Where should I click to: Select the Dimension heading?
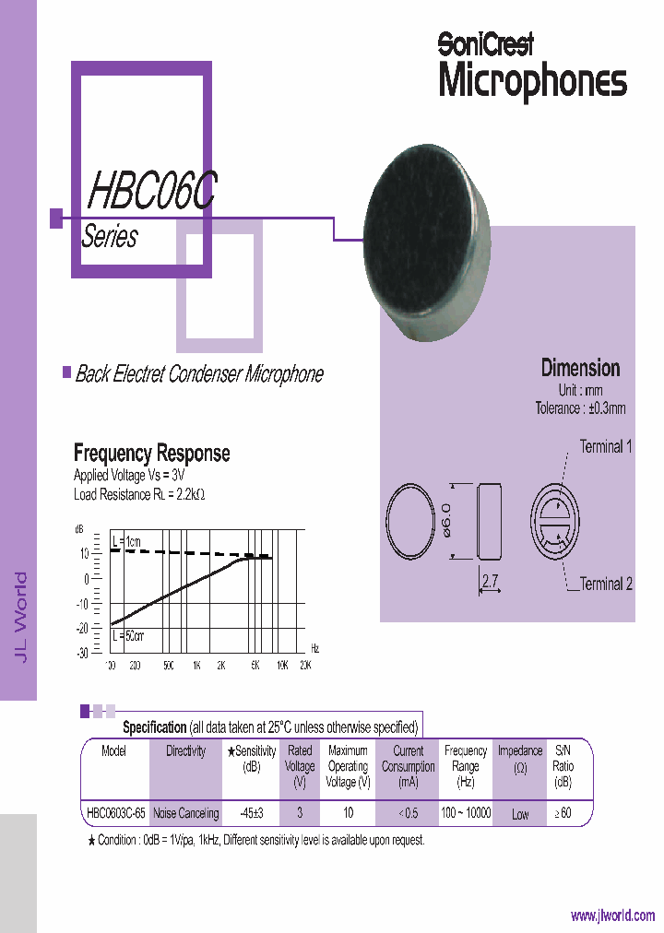580,368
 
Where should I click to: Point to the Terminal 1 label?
605,447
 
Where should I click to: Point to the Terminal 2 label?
606,584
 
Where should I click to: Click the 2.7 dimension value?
491,580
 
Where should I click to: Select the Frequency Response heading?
151,454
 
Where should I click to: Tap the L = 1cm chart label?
129,539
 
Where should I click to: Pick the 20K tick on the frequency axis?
305,665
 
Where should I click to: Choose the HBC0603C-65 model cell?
115,813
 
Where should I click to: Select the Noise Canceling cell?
185,813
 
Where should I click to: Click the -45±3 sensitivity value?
252,813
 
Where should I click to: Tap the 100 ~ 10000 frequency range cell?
466,813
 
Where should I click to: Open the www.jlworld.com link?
612,915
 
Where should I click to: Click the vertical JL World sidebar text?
20,616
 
